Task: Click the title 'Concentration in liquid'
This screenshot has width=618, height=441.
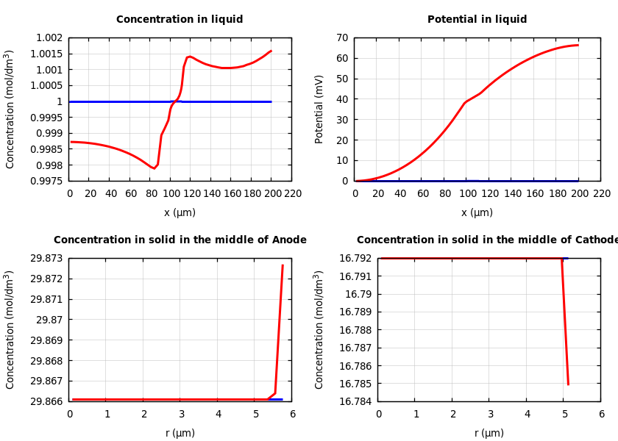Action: (x=180, y=20)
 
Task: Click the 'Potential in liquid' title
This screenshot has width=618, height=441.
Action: (x=477, y=20)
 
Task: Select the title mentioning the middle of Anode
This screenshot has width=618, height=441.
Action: (x=180, y=240)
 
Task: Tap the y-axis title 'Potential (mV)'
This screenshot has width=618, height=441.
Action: (x=319, y=109)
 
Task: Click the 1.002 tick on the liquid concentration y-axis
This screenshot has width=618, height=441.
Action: (x=49, y=38)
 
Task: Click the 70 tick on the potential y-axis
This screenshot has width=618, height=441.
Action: (x=342, y=38)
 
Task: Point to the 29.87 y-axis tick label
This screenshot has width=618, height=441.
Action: (x=49, y=320)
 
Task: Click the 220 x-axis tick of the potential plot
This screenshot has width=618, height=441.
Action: (x=601, y=193)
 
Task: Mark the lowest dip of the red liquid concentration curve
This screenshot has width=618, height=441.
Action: (x=154, y=168)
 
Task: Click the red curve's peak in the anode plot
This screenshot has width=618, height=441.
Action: (x=283, y=265)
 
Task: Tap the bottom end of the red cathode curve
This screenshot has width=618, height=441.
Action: (x=568, y=384)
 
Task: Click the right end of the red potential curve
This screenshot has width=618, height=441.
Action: (x=578, y=46)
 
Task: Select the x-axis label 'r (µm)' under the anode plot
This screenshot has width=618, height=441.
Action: (x=180, y=433)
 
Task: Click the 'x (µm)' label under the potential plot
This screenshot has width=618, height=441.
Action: (x=477, y=212)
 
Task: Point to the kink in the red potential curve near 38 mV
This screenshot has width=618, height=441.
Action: (x=465, y=102)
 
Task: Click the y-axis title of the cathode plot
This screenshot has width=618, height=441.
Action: (x=319, y=329)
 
